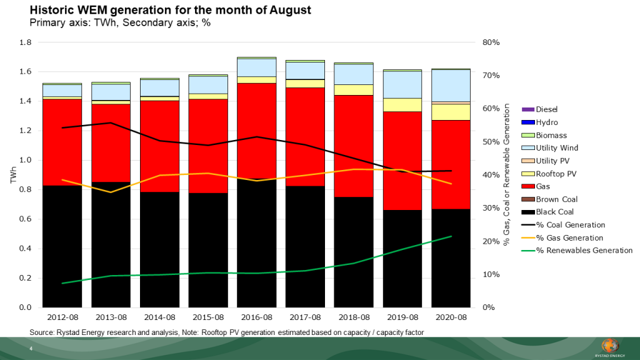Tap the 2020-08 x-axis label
click(451, 317)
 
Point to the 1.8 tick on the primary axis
click(26, 42)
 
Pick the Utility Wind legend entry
click(557, 148)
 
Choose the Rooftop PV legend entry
click(555, 174)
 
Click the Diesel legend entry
click(546, 109)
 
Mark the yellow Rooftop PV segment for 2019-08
click(402, 105)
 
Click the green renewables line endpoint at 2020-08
click(451, 236)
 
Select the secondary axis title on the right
click(507, 175)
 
